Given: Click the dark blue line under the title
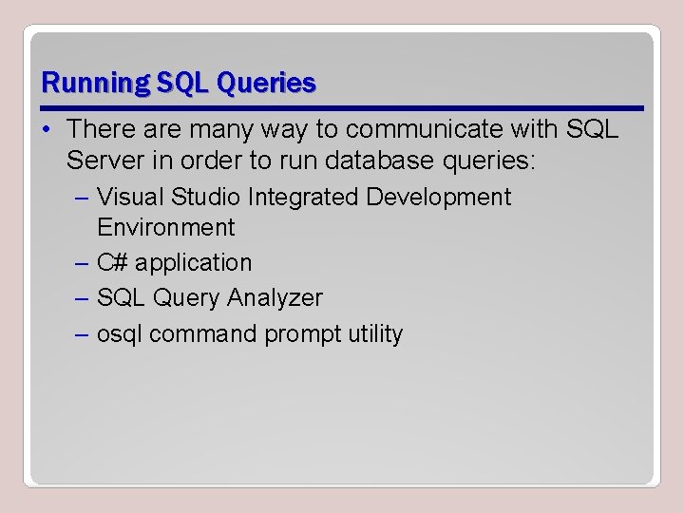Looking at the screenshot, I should (x=342, y=106).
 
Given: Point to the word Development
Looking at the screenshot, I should (x=438, y=197).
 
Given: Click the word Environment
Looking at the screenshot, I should (x=165, y=228).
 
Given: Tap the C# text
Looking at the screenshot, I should (x=112, y=262).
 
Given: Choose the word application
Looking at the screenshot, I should (x=194, y=263).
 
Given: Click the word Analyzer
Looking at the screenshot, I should (x=276, y=298).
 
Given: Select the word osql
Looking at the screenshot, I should (x=120, y=334).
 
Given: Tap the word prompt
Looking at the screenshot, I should (x=301, y=335).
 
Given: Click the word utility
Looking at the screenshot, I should (x=374, y=334).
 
